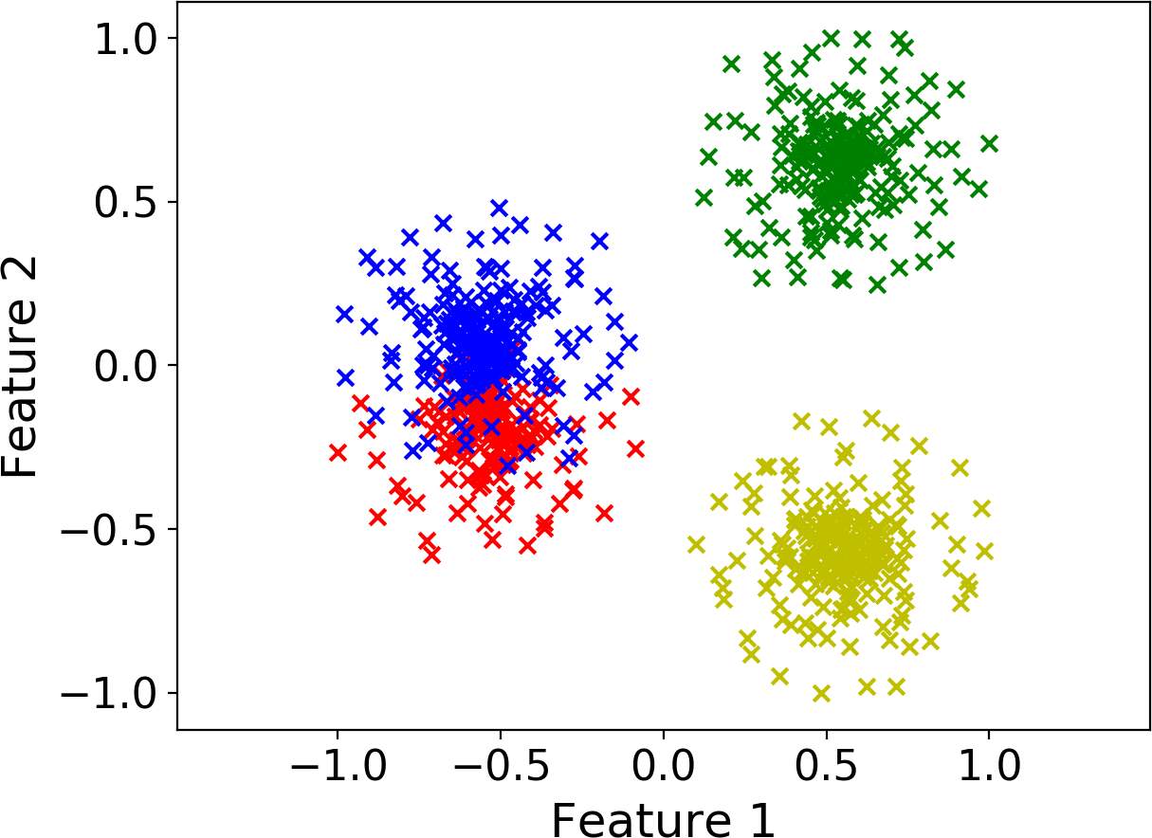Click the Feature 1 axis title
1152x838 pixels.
pyautogui.click(x=663, y=817)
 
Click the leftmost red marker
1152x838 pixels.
pyautogui.click(x=338, y=452)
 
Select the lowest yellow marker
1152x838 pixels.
pyautogui.click(x=821, y=693)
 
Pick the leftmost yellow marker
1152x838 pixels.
pyautogui.click(x=697, y=544)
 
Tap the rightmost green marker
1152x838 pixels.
pyautogui.click(x=989, y=143)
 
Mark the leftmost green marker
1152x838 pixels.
pyautogui.click(x=704, y=197)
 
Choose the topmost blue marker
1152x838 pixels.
pyautogui.click(x=500, y=208)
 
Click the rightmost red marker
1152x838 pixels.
pyautogui.click(x=635, y=447)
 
